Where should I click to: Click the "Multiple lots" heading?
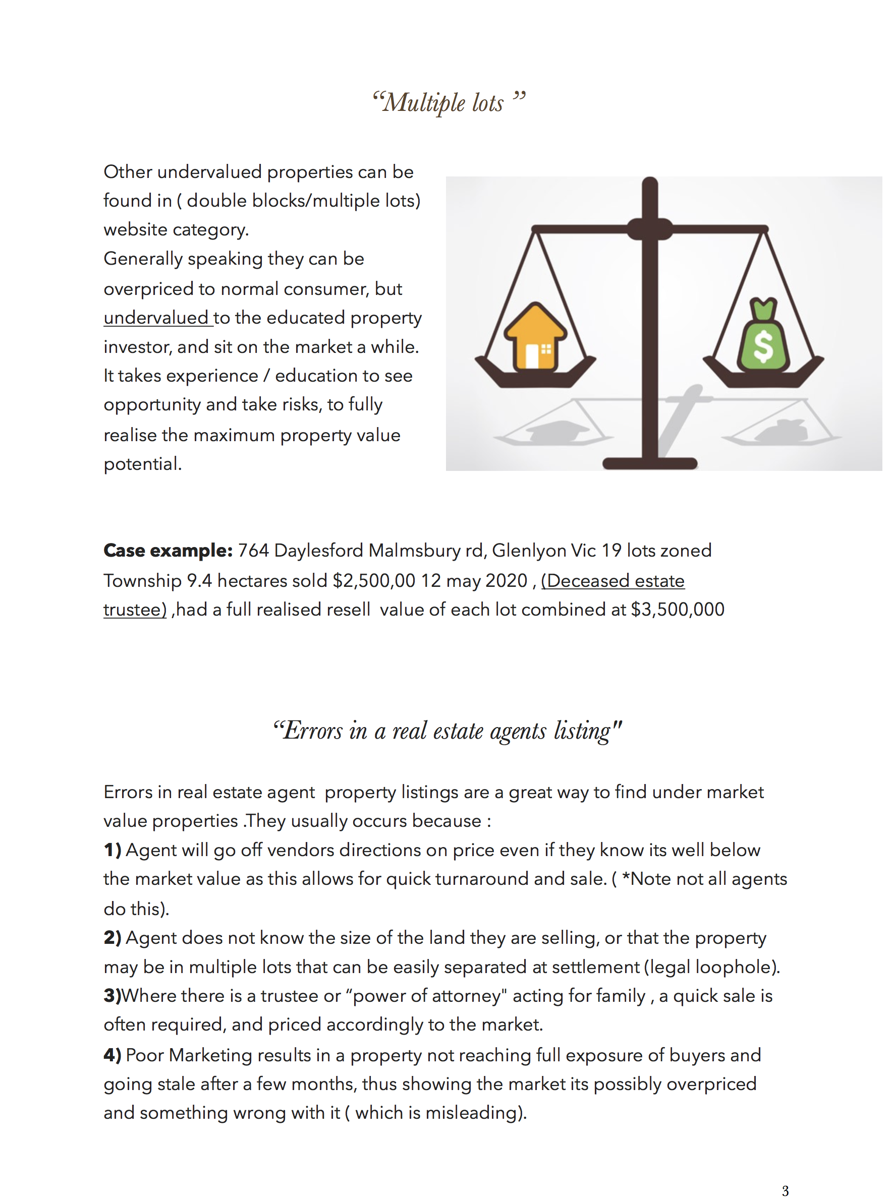click(448, 103)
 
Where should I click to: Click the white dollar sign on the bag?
click(763, 346)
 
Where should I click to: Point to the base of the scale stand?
click(649, 463)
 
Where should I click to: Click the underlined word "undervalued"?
click(156, 318)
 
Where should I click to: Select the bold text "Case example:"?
click(168, 551)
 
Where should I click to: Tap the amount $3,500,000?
click(678, 610)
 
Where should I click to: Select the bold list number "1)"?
click(112, 850)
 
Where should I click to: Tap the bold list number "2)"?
click(112, 938)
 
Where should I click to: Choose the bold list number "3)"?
click(112, 996)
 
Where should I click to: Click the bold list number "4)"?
click(112, 1055)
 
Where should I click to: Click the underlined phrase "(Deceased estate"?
click(612, 580)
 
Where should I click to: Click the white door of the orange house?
click(531, 356)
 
